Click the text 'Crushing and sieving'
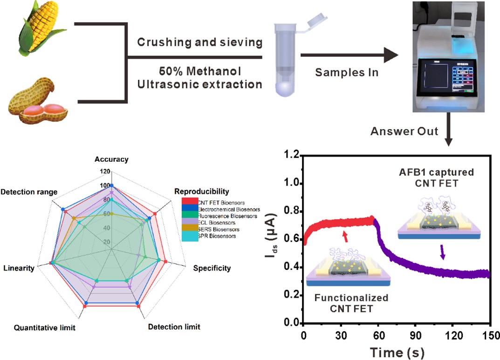click(199, 43)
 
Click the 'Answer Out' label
click(404, 132)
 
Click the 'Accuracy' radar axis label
click(111, 159)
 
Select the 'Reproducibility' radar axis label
click(201, 191)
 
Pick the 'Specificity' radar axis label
click(212, 268)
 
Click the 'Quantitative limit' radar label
click(45, 327)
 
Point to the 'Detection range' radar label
click(29, 192)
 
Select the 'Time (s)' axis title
click(397, 351)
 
